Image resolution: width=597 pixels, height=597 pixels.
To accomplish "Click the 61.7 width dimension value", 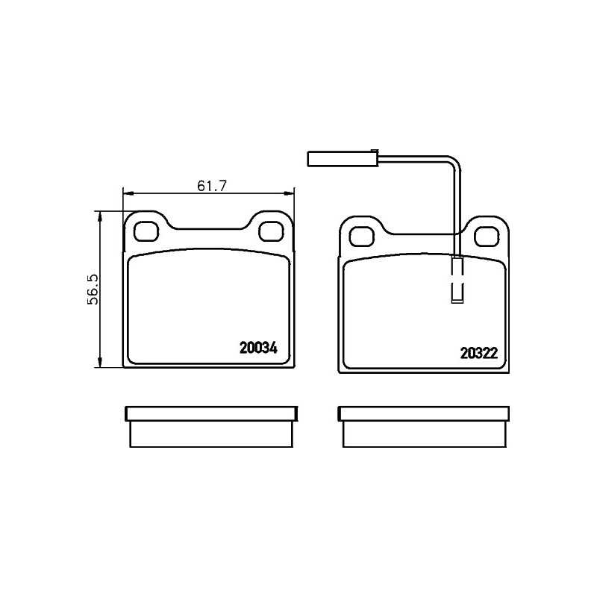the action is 212,186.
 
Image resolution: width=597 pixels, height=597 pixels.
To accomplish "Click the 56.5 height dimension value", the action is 93,290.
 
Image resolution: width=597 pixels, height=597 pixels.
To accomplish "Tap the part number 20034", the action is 258,348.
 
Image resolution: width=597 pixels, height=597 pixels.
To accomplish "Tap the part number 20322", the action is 479,353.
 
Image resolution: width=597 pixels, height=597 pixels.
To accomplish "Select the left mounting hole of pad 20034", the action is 146,231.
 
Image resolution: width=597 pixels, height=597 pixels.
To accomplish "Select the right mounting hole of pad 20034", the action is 271,231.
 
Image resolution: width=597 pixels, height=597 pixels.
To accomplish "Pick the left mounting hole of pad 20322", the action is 362,237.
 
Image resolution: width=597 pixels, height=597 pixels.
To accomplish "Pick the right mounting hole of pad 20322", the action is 487,237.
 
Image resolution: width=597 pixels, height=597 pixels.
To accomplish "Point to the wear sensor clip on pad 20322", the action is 457,279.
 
